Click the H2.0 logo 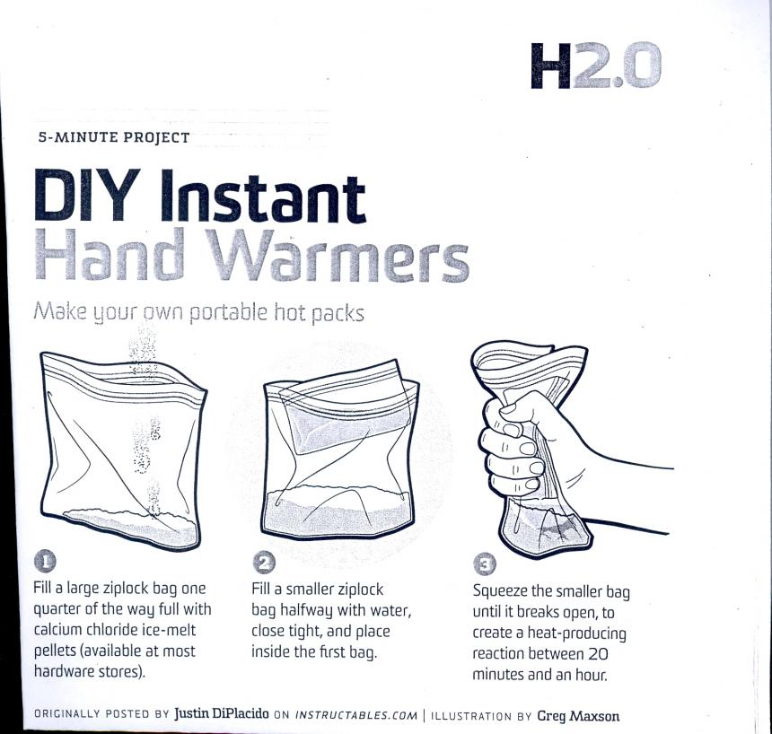tap(596, 66)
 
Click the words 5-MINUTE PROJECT tap(114, 137)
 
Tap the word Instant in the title tap(263, 196)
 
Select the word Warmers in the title tap(337, 256)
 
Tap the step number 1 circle tap(45, 561)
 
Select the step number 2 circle tap(264, 563)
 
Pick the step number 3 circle tap(485, 564)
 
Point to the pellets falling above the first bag tap(143, 351)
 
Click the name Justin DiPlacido tap(221, 714)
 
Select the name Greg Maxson tap(578, 716)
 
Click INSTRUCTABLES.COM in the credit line tap(356, 715)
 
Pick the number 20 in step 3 tap(598, 654)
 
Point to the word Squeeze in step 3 tap(500, 591)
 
